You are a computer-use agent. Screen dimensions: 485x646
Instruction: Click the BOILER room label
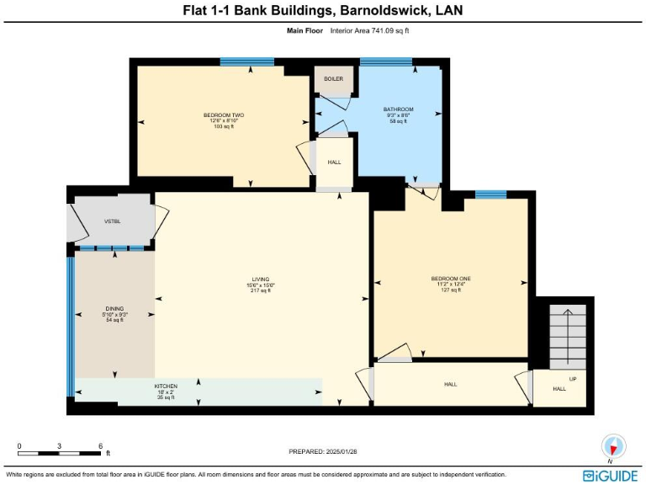[333, 79]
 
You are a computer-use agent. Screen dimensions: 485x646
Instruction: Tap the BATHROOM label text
[398, 109]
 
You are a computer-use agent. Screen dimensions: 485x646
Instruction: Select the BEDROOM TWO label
[224, 115]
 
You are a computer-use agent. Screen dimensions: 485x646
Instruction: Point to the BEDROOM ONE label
[451, 279]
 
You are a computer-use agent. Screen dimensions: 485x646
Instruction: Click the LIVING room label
[261, 279]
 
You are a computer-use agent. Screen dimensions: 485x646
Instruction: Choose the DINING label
[114, 309]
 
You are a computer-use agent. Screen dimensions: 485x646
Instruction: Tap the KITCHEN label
[165, 386]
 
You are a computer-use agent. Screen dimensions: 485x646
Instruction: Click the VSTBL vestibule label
[113, 221]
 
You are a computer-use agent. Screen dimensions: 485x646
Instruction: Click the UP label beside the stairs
[574, 378]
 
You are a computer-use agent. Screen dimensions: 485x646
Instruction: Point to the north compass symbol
[613, 445]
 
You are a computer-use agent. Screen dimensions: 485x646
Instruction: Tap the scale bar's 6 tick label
[100, 445]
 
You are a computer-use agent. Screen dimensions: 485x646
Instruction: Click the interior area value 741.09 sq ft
[384, 30]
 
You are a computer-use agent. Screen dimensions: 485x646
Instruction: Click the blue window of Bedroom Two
[246, 61]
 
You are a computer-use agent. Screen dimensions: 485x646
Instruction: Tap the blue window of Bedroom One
[490, 195]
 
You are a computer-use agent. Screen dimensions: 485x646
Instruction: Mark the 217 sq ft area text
[261, 290]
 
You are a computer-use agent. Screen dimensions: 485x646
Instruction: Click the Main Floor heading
[304, 30]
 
